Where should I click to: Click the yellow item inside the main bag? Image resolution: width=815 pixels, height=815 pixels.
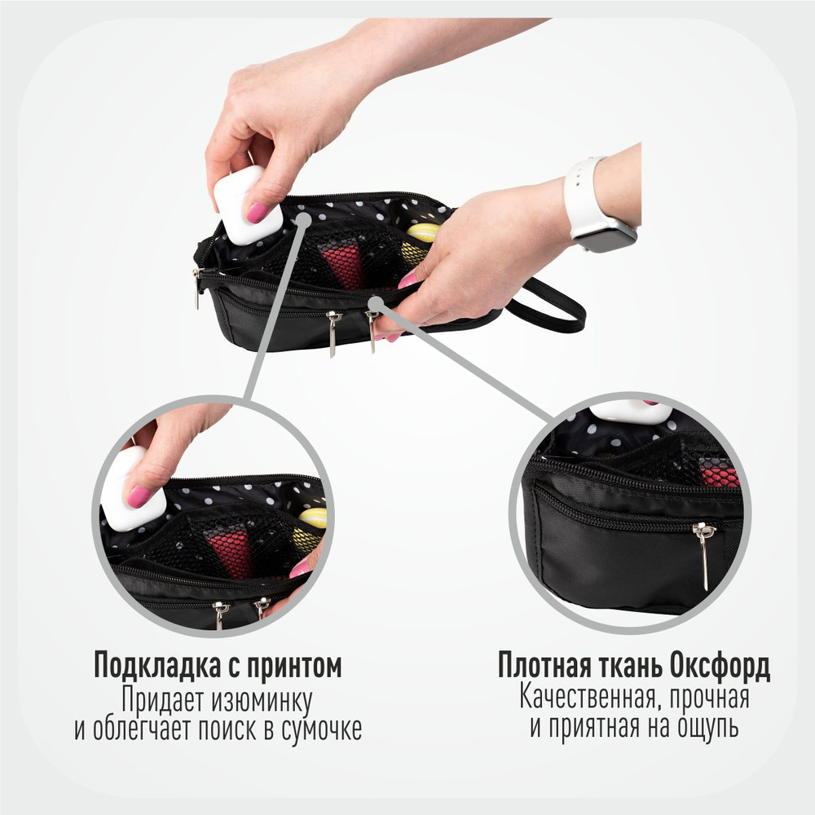[421, 234]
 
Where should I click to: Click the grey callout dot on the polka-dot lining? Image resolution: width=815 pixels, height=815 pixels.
[303, 218]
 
